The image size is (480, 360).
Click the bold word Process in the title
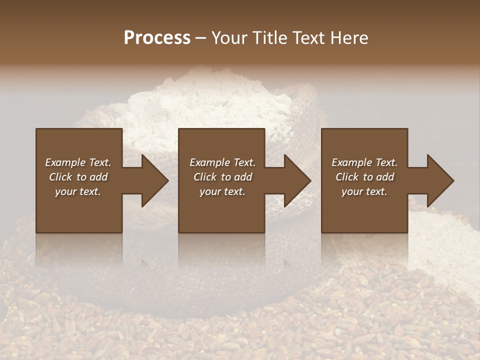[157, 38]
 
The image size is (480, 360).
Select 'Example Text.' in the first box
[78, 162]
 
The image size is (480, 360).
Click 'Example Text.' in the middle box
[222, 162]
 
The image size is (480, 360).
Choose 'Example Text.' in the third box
[364, 162]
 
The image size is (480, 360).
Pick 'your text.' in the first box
[78, 191]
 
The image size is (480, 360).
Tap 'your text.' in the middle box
[222, 191]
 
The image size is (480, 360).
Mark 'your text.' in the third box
[364, 191]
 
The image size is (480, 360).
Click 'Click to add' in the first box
[78, 177]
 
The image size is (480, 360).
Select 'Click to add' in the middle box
[222, 177]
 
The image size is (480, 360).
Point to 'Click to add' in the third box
[364, 177]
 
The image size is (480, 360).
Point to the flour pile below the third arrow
[440, 240]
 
